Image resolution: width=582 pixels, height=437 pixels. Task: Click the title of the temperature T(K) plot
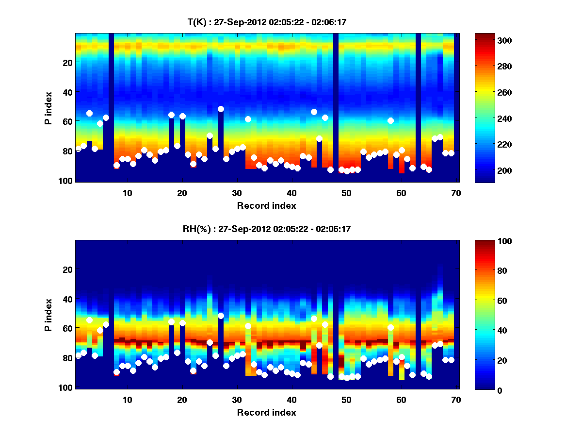pos(267,22)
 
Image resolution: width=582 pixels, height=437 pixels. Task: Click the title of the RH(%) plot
pos(267,229)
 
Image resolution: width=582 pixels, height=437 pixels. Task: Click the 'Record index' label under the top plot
pos(267,206)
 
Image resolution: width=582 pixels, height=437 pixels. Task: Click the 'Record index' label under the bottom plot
pos(267,413)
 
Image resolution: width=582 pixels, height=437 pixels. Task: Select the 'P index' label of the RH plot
pos(48,315)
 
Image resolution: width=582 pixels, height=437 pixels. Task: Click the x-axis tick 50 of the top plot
pos(346,193)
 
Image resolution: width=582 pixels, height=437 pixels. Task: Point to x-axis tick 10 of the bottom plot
pos(127,400)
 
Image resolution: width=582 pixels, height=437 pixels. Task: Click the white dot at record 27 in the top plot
pos(221,109)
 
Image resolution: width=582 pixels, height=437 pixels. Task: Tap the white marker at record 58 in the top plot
pos(391,120)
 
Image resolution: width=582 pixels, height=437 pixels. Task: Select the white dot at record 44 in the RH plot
pos(314,319)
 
